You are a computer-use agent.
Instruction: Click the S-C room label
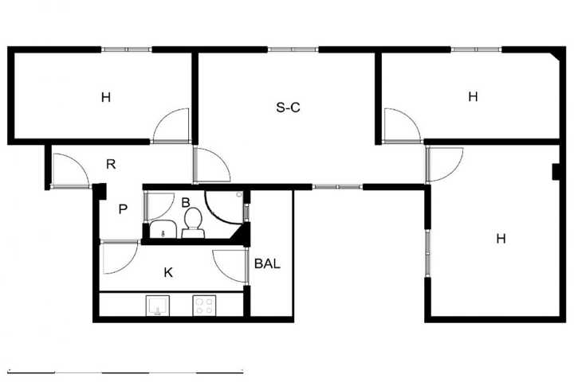coord(288,107)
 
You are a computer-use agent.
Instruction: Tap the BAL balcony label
coord(267,263)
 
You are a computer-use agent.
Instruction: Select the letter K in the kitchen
coord(168,272)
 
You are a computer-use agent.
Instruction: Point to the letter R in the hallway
coord(111,164)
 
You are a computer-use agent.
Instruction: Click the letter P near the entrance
coord(123,209)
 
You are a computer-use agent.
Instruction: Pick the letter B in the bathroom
coord(186,202)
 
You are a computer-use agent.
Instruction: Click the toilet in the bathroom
coord(193,223)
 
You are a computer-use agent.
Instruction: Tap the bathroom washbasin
coord(163,229)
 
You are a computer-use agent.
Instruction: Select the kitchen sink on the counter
coord(158,306)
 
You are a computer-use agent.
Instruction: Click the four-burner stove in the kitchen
coord(204,306)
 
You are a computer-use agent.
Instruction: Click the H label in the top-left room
coord(106,98)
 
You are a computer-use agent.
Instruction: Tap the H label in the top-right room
coord(473,96)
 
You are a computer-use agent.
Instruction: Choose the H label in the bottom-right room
coord(501,239)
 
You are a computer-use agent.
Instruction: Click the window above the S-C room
coord(293,49)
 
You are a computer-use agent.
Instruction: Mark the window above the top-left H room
coord(126,49)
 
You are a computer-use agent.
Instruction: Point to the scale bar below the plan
coord(126,372)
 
